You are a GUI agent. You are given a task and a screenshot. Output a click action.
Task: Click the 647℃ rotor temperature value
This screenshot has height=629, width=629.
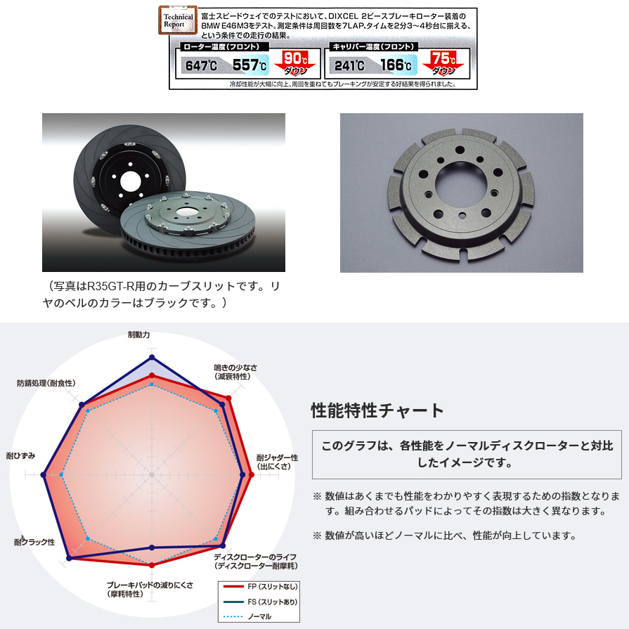coord(201,66)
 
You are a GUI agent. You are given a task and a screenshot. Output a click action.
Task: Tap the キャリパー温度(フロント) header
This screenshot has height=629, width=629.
coord(371,47)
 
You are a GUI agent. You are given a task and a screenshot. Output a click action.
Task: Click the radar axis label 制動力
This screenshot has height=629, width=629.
coord(138,335)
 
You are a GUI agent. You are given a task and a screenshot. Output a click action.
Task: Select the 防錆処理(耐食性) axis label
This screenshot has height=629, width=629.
coord(46,383)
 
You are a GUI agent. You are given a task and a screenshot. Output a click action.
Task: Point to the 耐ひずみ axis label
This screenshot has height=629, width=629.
coord(20,456)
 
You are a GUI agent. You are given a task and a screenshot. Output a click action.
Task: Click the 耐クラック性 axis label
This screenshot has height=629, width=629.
coord(34,542)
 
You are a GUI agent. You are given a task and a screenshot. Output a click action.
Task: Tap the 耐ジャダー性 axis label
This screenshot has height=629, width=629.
coord(277,462)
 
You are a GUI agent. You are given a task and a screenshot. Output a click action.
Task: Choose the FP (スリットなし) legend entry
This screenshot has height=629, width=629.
coord(260,585)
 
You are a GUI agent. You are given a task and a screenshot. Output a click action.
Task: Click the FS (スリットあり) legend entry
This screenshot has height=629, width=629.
coord(260,602)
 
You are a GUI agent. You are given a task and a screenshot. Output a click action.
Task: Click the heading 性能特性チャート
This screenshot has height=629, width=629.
coord(377,410)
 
